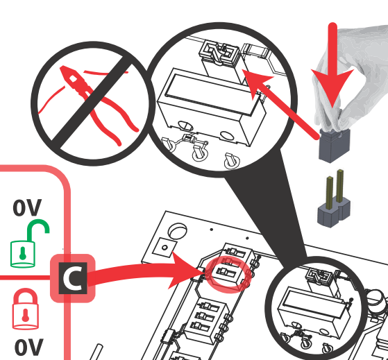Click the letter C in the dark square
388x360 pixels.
tap(73, 278)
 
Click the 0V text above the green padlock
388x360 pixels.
tap(27, 207)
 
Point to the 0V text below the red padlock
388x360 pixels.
tap(29, 347)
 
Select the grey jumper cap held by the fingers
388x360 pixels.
tap(335, 145)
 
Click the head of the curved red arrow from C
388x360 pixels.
tap(185, 271)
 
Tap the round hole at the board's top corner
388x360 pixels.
tap(178, 231)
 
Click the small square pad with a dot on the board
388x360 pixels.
tap(165, 247)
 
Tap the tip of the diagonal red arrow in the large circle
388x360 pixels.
tap(242, 70)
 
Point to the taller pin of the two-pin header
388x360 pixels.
tap(340, 185)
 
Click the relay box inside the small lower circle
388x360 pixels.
tap(314, 314)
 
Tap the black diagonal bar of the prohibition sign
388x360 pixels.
tap(92, 103)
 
